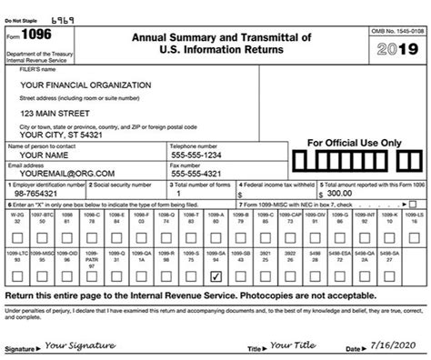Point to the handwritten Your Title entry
coord(292,345)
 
